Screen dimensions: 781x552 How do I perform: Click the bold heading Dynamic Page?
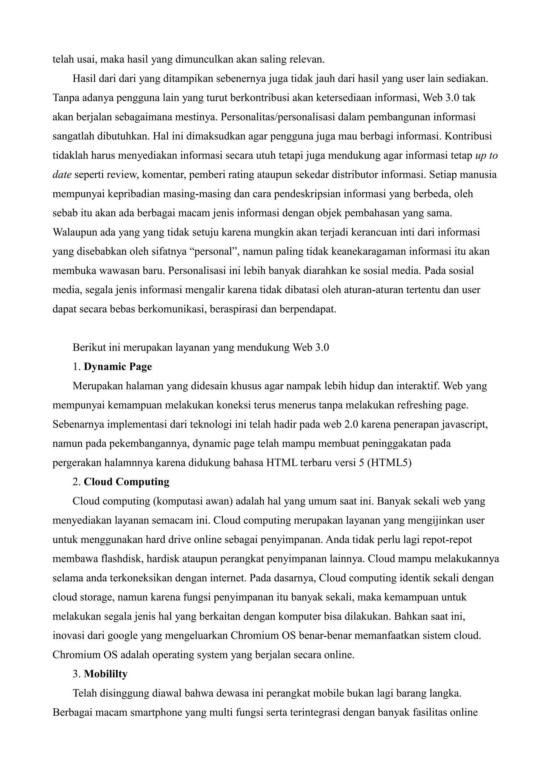pos(118,367)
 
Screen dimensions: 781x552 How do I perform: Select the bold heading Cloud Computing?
pos(126,482)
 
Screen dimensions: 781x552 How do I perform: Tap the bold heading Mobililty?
pos(105,674)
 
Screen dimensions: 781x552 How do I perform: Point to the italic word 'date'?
pos(62,175)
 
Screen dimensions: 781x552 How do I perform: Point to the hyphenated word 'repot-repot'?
pos(446,539)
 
